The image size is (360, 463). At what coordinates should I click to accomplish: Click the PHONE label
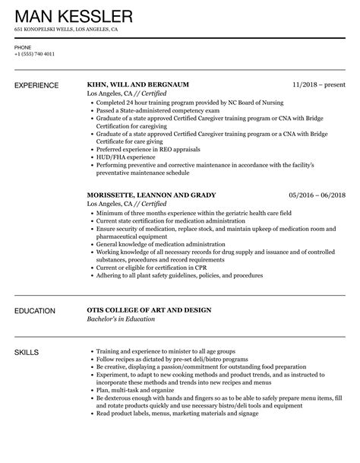[x=23, y=46]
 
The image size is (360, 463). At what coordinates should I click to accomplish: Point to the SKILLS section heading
[x=27, y=331]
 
